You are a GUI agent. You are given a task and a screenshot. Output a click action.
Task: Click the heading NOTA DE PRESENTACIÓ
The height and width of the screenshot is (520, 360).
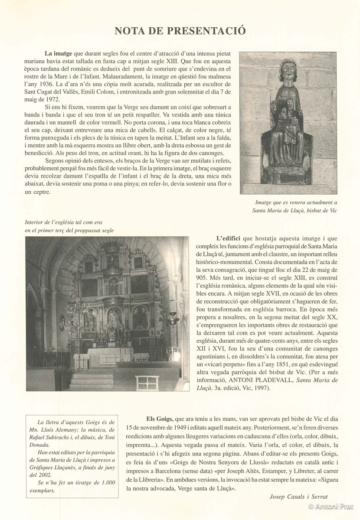[180, 31]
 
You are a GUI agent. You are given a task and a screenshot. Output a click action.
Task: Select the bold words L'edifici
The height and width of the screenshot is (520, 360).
[229, 239]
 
